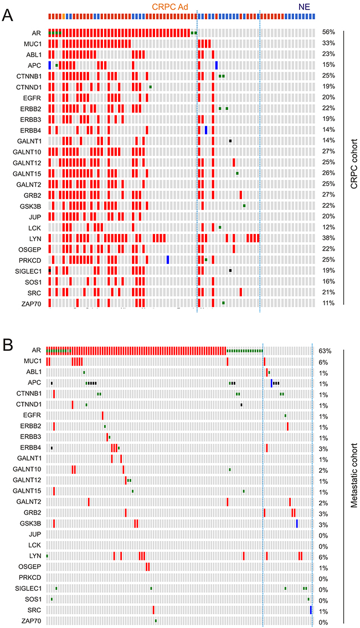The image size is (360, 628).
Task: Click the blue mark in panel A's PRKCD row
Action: pyautogui.click(x=168, y=259)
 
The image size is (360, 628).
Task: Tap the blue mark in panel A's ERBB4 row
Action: pyautogui.click(x=206, y=130)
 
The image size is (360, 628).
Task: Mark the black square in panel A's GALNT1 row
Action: pyautogui.click(x=230, y=141)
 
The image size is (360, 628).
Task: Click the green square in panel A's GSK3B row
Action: pyautogui.click(x=244, y=206)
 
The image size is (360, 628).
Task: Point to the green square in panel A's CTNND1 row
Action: pyautogui.click(x=150, y=87)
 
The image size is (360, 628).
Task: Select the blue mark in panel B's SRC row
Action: pyautogui.click(x=311, y=610)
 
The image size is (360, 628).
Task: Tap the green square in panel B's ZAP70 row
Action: pyautogui.click(x=156, y=621)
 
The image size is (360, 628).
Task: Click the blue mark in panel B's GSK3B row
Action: pyautogui.click(x=297, y=523)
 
